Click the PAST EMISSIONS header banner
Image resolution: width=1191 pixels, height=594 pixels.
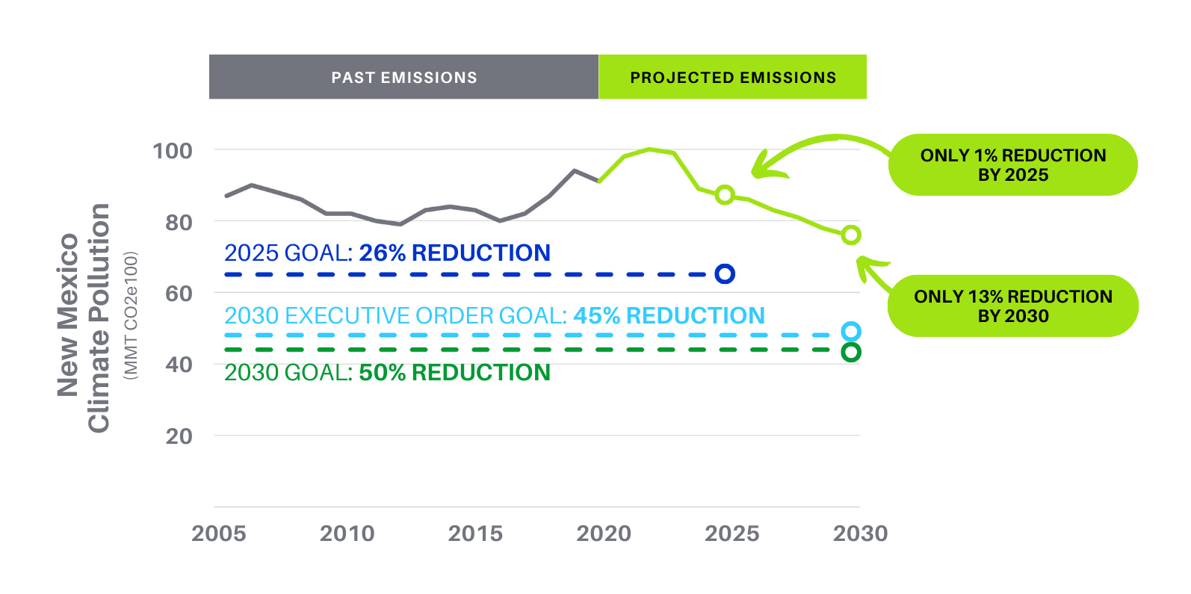tap(403, 77)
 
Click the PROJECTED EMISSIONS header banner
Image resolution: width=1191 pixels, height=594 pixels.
tap(732, 77)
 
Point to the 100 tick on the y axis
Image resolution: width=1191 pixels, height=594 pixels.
tap(173, 151)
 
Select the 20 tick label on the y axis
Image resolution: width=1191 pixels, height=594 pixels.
tap(179, 436)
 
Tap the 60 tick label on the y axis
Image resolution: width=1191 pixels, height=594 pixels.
tap(179, 294)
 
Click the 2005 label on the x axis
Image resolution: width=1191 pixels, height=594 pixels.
tap(219, 533)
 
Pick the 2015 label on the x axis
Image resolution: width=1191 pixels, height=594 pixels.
tap(475, 533)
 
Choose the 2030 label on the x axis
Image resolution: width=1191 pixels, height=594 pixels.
tap(861, 533)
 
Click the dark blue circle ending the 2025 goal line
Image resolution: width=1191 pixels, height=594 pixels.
tap(725, 274)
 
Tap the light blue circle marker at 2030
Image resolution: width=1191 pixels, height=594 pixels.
tap(851, 332)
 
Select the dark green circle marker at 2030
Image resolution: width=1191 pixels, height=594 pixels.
tap(851, 352)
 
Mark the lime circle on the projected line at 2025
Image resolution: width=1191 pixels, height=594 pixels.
tap(725, 195)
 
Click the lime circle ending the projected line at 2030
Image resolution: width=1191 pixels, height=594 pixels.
tap(851, 235)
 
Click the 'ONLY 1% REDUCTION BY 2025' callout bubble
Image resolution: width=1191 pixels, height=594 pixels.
tap(1012, 165)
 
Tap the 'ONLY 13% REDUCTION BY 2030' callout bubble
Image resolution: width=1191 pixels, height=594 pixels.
tap(1012, 306)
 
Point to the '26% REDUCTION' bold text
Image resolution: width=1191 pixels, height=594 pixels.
tap(454, 253)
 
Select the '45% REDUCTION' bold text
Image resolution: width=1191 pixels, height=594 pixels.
tap(669, 316)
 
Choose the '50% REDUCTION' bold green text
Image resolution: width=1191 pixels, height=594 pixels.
tap(454, 373)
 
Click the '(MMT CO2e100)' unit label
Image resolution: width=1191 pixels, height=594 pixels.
tap(131, 316)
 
